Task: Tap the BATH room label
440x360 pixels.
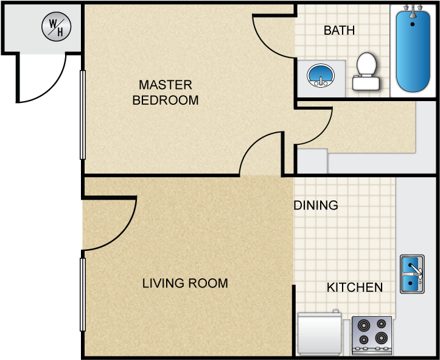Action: (339, 30)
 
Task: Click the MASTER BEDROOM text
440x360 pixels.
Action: (166, 93)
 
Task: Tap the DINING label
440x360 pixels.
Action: (316, 205)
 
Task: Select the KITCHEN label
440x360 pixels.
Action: (355, 288)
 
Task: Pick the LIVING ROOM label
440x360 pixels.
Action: (185, 283)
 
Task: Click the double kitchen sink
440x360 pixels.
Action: (412, 274)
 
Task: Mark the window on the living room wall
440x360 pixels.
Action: (83, 295)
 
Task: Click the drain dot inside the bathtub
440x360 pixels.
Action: (412, 24)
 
